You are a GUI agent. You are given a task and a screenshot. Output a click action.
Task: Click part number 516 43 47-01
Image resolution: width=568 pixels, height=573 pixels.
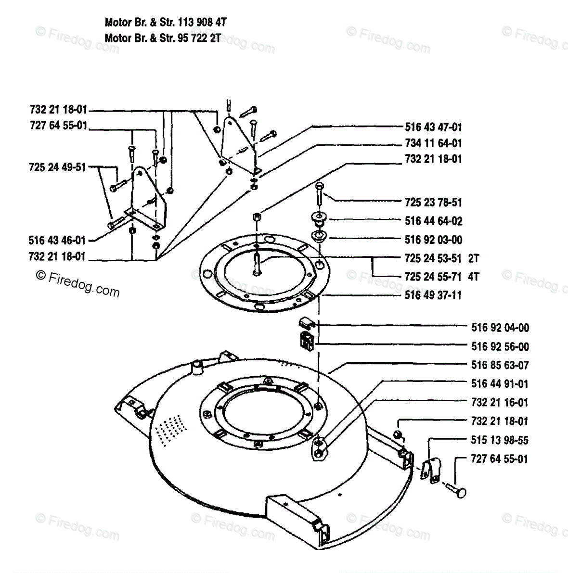[433, 127]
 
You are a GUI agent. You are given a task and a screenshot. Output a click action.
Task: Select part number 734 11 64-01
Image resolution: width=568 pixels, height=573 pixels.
[433, 143]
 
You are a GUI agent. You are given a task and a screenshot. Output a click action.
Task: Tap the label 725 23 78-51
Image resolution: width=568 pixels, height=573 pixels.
[433, 203]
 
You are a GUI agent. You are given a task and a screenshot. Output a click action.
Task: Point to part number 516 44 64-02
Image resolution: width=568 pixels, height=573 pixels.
[433, 221]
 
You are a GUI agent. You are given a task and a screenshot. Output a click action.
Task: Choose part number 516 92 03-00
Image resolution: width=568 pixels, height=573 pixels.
[433, 240]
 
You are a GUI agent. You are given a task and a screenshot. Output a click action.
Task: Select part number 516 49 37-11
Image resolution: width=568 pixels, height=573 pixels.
[433, 295]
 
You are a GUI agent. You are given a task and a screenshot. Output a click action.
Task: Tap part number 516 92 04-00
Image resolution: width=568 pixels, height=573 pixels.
[500, 328]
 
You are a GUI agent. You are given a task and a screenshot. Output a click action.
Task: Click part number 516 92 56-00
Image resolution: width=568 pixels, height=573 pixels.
[500, 347]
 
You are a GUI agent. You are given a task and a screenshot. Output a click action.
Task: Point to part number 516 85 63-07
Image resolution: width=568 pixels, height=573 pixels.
[500, 366]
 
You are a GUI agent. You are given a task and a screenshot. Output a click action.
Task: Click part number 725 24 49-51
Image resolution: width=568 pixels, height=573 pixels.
[57, 167]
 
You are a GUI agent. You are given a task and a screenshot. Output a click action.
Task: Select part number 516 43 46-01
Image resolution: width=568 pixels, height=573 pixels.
[57, 240]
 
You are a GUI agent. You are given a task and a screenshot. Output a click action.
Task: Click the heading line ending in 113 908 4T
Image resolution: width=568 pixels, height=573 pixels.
[166, 22]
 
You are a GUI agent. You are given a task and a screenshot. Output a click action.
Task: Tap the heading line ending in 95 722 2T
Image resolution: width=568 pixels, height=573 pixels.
[163, 38]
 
